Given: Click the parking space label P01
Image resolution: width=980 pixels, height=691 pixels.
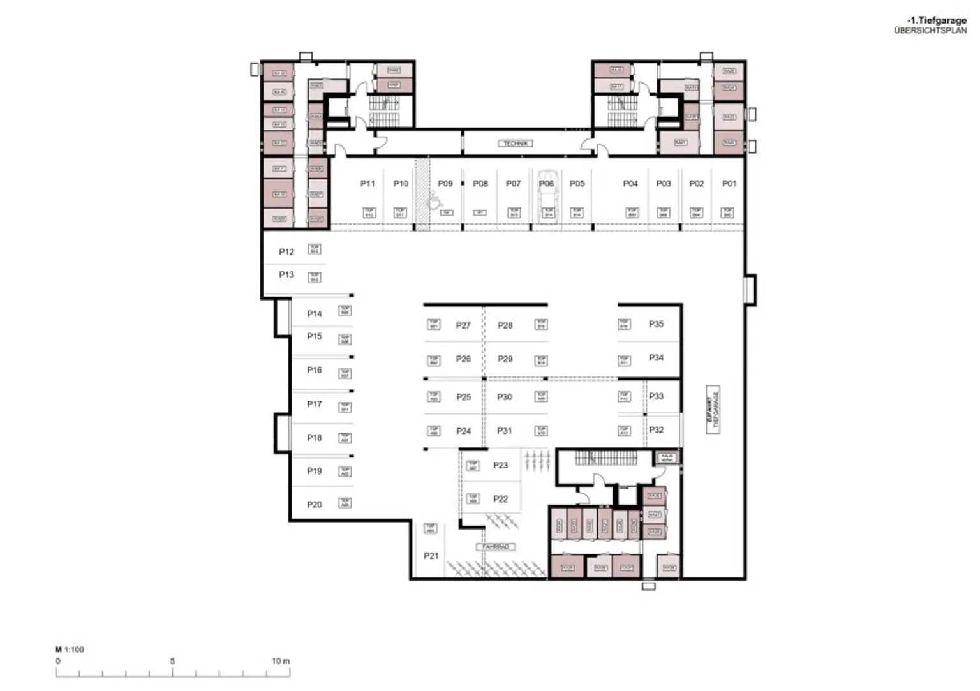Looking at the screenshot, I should click(x=729, y=184).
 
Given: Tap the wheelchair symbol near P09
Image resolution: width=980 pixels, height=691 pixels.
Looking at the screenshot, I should click(x=434, y=200).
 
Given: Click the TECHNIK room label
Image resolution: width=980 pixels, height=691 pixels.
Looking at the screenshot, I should click(x=515, y=144).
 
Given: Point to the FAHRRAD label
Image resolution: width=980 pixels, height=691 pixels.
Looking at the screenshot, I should click(x=495, y=547).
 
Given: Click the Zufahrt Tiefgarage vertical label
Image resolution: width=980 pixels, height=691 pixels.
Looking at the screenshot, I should click(x=713, y=410).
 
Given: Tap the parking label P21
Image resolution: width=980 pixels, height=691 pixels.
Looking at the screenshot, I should click(x=431, y=556).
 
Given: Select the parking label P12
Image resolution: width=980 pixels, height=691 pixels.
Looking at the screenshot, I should click(x=286, y=252).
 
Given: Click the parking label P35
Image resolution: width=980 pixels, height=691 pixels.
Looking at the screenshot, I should click(x=656, y=324).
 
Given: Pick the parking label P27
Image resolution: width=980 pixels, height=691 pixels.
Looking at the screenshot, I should click(x=463, y=325).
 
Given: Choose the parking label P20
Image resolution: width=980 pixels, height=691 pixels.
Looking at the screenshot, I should click(x=315, y=505).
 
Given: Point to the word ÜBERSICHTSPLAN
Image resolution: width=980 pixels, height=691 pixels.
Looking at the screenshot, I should click(x=930, y=30).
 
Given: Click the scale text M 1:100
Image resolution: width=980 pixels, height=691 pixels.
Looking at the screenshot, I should click(x=70, y=650).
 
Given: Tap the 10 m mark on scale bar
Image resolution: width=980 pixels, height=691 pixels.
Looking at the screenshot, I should click(x=281, y=661).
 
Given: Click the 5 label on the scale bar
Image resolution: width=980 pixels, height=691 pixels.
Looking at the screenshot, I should click(x=172, y=661).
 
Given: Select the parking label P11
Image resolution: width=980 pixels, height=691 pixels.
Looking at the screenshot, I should click(x=367, y=184).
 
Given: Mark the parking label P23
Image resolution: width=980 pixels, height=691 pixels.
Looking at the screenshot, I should click(x=500, y=466).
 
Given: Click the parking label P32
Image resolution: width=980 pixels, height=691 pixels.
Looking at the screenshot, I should click(x=656, y=430).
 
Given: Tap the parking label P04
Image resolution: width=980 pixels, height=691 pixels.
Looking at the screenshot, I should click(x=630, y=184).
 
